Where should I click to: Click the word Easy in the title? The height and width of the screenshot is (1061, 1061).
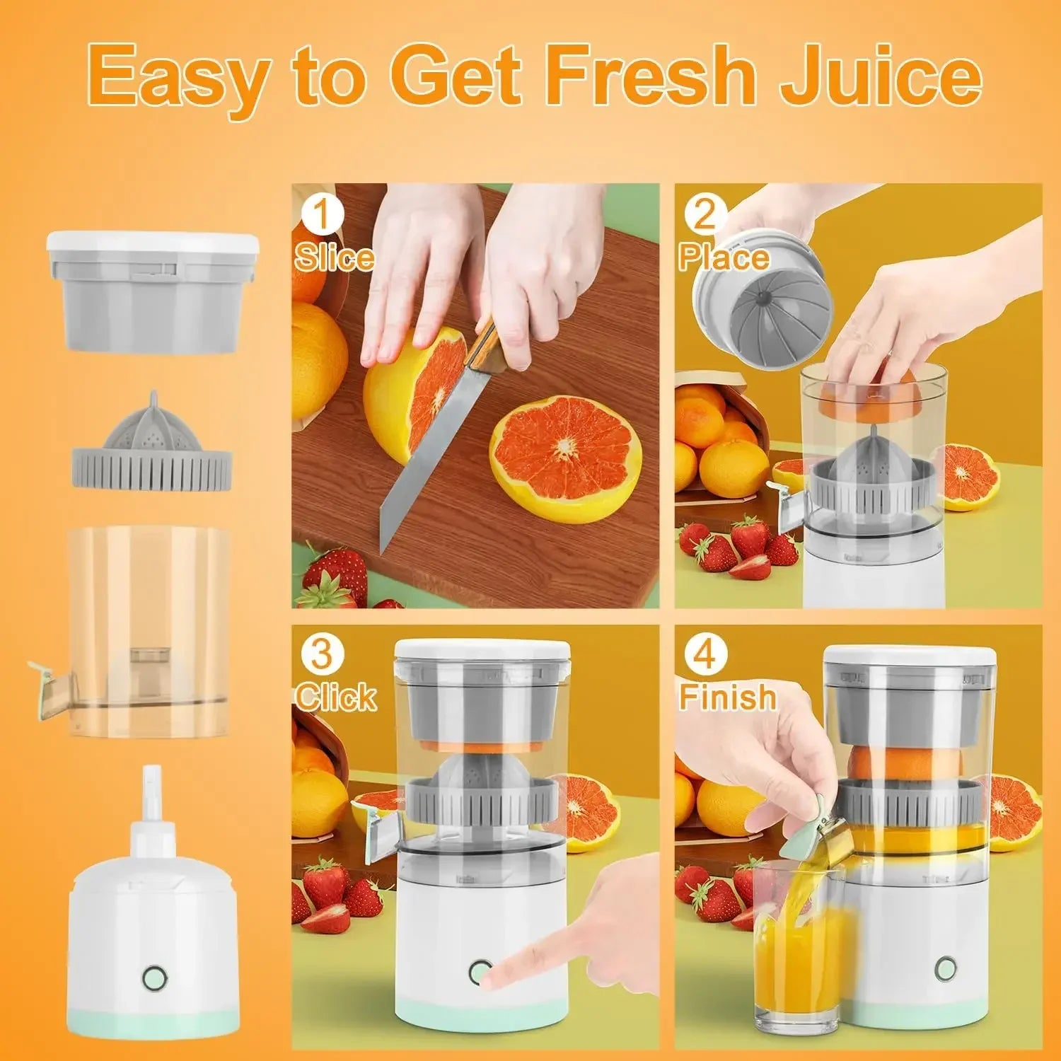(181, 79)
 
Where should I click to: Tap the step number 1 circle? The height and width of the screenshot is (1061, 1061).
(321, 214)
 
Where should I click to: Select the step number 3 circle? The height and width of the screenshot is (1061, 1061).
(321, 654)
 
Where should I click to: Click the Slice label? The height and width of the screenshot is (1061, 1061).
(334, 257)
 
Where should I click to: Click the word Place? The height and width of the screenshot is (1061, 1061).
(723, 257)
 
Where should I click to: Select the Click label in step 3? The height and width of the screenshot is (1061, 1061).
(335, 697)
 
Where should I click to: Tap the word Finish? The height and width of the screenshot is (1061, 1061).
(727, 697)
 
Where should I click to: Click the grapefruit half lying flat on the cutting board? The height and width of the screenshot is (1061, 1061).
(566, 456)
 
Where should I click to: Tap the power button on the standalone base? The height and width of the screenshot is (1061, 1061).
(155, 978)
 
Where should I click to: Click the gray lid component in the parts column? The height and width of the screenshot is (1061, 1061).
(152, 294)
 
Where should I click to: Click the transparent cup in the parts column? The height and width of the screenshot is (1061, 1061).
(149, 630)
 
